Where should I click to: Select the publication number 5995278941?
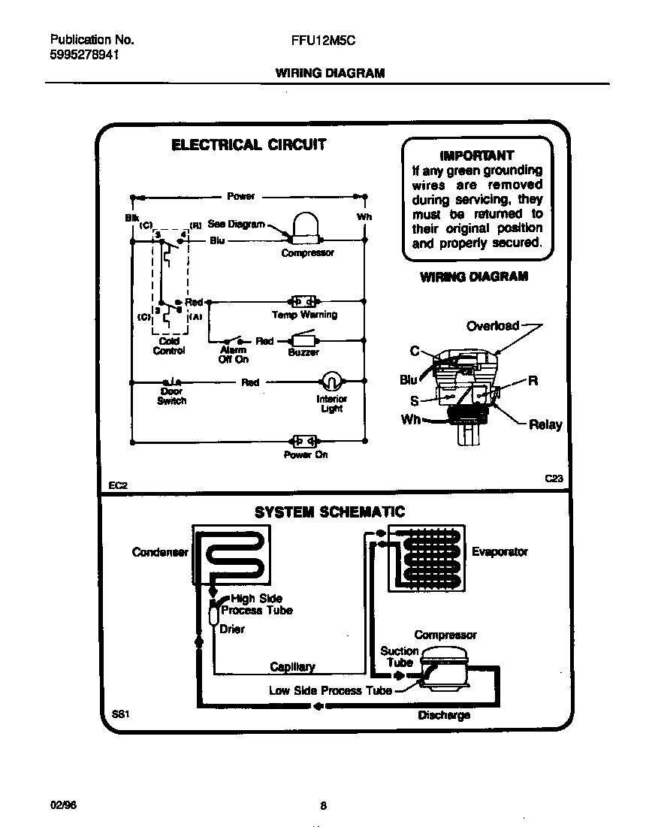pyautogui.click(x=84, y=56)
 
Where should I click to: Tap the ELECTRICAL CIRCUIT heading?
pyautogui.click(x=249, y=145)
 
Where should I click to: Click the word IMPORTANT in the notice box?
pyautogui.click(x=476, y=155)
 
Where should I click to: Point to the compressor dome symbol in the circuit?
pyautogui.click(x=306, y=228)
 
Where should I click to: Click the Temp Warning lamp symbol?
pyautogui.click(x=304, y=300)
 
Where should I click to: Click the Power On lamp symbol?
pyautogui.click(x=304, y=441)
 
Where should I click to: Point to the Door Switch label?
pyautogui.click(x=171, y=397)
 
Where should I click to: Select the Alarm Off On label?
pyautogui.click(x=233, y=355)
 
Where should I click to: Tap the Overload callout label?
pyautogui.click(x=492, y=326)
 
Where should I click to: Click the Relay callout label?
pyautogui.click(x=545, y=424)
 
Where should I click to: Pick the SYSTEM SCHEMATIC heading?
pyautogui.click(x=329, y=512)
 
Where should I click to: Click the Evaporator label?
pyautogui.click(x=500, y=552)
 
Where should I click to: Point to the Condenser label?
pyautogui.click(x=159, y=552)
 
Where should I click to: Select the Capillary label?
pyautogui.click(x=292, y=667)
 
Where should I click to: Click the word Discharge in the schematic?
pyautogui.click(x=443, y=715)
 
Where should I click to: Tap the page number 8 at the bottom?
pyautogui.click(x=324, y=806)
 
